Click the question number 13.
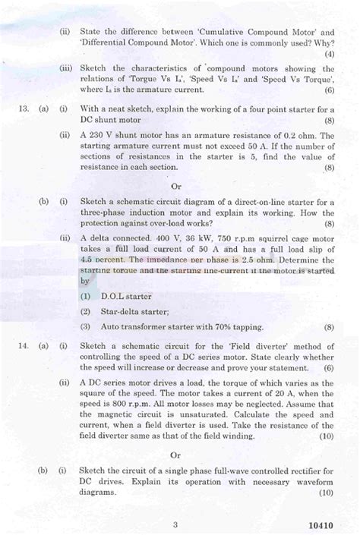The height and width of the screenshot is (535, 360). coord(21,109)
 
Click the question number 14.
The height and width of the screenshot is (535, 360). coord(21,346)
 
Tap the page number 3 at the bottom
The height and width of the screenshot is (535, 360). coord(175,523)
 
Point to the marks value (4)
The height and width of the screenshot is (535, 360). coord(328,55)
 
